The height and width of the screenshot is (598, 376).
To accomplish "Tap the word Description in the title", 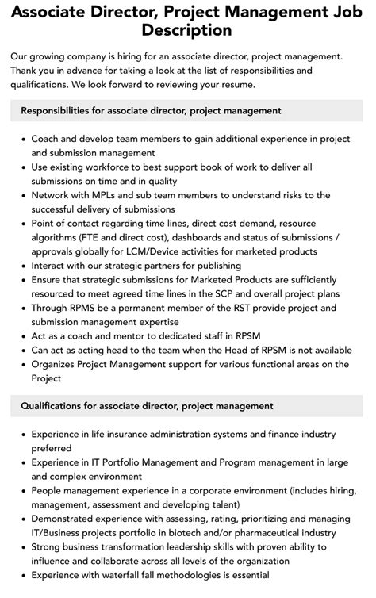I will tap(187, 31).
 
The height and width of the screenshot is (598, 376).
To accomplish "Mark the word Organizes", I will tap(59, 364).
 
